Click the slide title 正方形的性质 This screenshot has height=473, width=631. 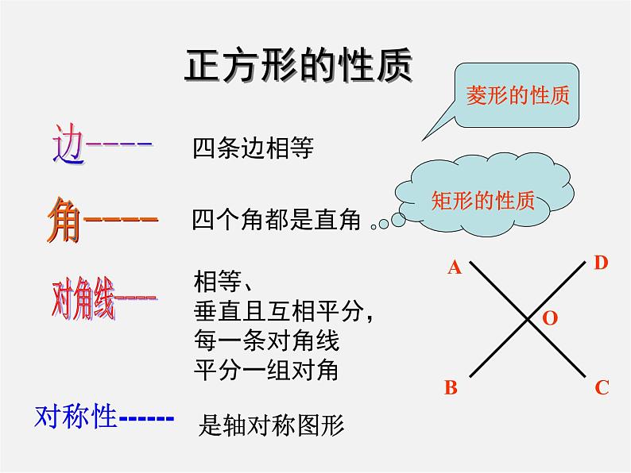[298, 67]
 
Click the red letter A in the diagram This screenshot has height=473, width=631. [455, 267]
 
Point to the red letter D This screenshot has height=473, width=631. [601, 263]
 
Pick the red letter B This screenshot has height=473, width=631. [451, 387]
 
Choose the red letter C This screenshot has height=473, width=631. [602, 387]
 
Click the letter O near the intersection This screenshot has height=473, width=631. [550, 318]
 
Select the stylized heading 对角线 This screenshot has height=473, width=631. [83, 299]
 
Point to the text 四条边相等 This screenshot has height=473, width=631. [254, 148]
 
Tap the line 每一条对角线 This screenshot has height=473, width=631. [266, 341]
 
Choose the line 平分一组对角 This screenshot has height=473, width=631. [266, 370]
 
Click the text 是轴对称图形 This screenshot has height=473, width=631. [271, 426]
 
